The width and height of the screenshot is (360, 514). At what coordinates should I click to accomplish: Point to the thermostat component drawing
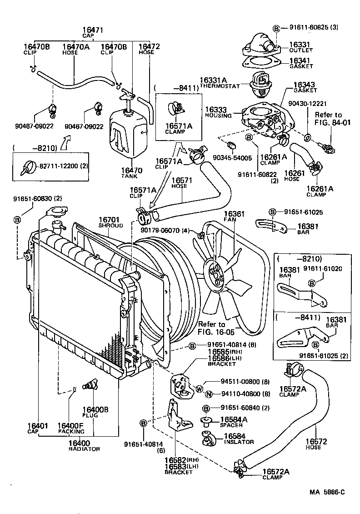260,85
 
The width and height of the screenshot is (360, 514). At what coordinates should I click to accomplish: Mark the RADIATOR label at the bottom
84,449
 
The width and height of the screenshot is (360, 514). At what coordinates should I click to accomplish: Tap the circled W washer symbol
198,388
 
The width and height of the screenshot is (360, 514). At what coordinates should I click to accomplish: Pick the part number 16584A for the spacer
234,419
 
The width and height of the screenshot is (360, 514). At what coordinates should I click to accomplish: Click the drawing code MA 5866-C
327,492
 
